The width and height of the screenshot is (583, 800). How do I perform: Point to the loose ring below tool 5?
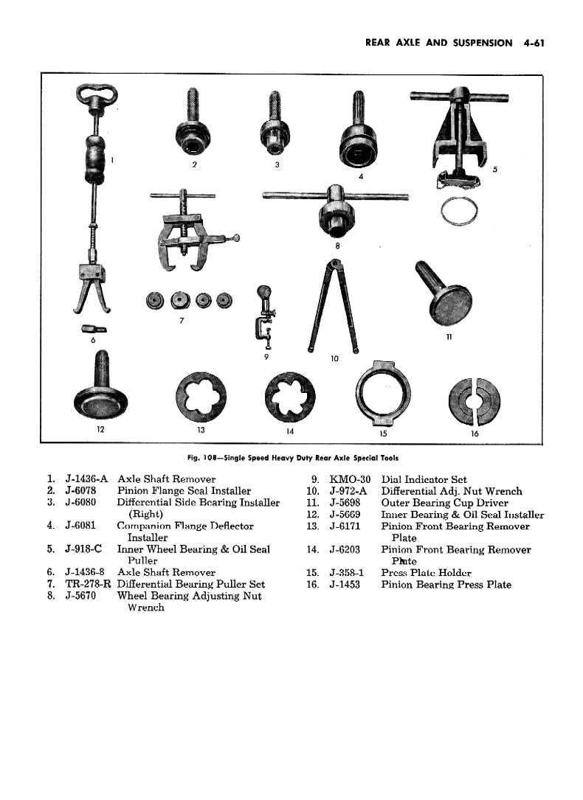click(x=459, y=212)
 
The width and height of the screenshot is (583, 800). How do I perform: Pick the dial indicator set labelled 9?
click(x=264, y=313)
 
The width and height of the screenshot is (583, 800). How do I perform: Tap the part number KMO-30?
click(x=350, y=479)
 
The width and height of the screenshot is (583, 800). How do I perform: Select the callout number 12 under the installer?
click(x=100, y=429)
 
